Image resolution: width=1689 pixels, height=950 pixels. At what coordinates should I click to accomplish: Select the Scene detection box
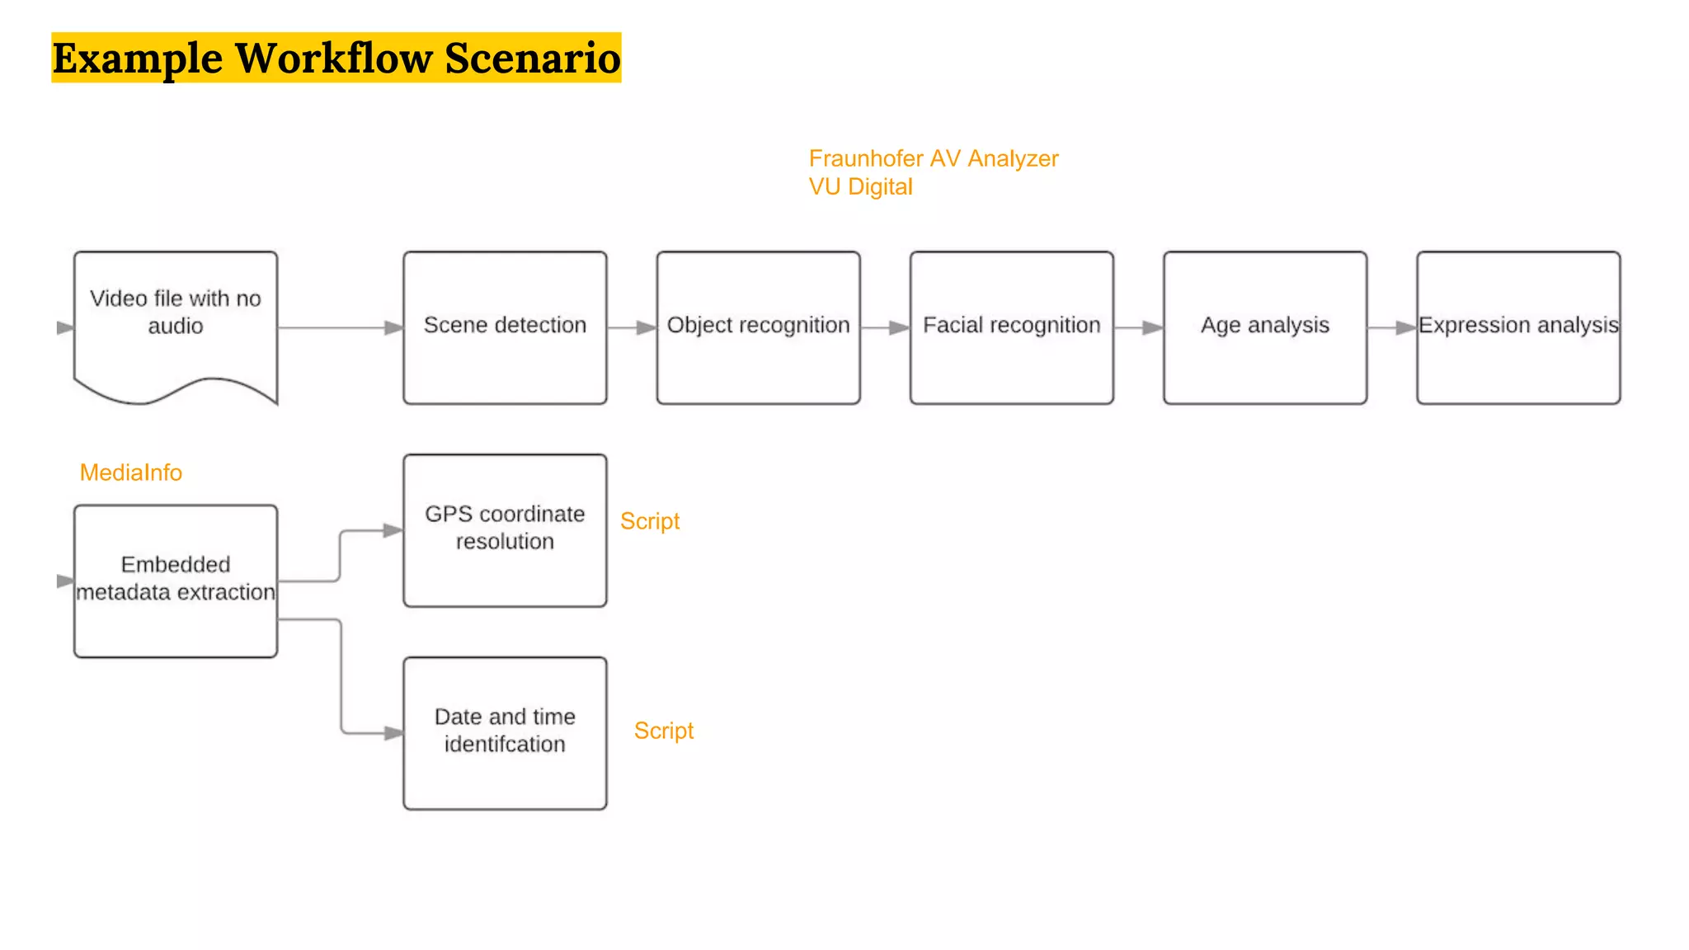[x=505, y=327]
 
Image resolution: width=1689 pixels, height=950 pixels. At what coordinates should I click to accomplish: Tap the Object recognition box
[x=758, y=327]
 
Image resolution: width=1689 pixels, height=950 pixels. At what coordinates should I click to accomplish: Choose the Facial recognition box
[x=1011, y=327]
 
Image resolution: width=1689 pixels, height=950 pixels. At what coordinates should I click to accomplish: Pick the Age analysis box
[x=1264, y=327]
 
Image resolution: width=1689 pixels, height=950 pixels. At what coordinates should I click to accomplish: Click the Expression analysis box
[x=1518, y=327]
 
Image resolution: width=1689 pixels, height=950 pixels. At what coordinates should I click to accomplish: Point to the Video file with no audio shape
[x=176, y=322]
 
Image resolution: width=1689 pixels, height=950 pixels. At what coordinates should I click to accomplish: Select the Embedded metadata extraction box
[x=176, y=581]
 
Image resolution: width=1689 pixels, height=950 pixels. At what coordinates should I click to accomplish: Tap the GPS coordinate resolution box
[x=505, y=530]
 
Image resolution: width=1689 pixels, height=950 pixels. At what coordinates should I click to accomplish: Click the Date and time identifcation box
[x=505, y=732]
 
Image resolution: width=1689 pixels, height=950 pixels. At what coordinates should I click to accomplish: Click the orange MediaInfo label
[x=130, y=473]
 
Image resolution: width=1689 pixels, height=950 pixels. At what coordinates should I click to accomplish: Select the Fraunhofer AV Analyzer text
[x=933, y=158]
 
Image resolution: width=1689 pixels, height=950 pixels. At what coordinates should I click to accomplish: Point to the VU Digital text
[x=860, y=187]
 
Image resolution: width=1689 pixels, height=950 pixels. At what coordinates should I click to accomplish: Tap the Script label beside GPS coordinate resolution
[x=650, y=521]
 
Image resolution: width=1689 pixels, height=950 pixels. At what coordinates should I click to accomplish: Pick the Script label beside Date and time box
[x=663, y=731]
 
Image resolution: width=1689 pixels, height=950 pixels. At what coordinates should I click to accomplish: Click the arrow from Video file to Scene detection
[x=338, y=328]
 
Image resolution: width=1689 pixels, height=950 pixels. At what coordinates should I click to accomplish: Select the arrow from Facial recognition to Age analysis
[x=1138, y=328]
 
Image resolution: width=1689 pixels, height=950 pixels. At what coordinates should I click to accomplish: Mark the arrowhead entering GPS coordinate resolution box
[x=393, y=530]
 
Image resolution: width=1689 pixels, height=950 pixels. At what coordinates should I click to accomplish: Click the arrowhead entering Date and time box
[x=393, y=732]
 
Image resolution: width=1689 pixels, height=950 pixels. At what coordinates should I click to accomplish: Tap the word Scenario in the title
[x=532, y=59]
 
